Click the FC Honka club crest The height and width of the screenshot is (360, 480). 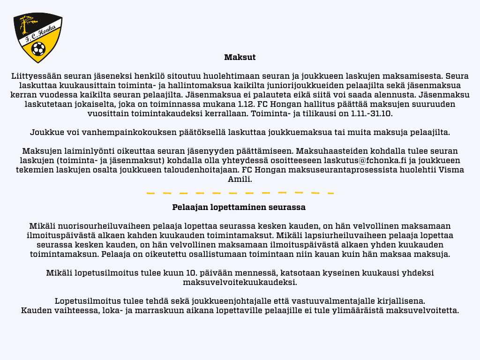point(38,37)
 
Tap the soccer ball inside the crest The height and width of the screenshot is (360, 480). point(38,48)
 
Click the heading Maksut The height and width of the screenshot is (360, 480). point(240,58)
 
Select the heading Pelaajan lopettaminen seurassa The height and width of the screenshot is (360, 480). point(239,207)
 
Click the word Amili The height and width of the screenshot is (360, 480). point(240,179)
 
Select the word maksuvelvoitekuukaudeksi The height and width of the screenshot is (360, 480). point(240,282)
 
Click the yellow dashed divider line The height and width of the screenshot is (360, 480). point(240,193)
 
